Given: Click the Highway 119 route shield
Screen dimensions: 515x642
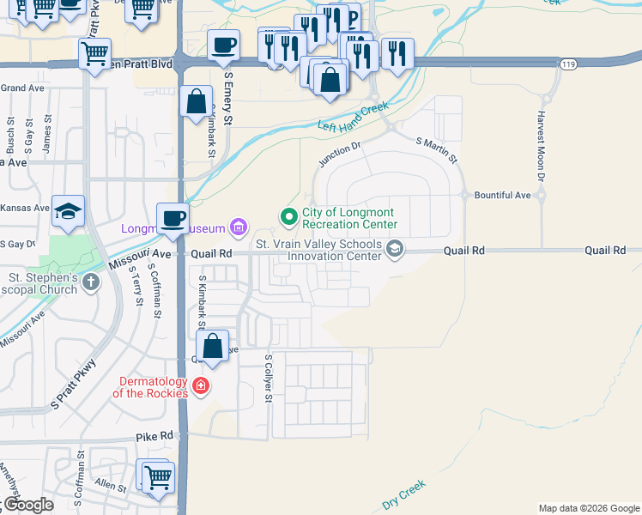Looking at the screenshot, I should [x=567, y=64].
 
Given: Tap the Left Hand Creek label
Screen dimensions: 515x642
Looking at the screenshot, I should [x=353, y=118].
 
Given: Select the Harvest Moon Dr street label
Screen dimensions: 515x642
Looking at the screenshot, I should [x=542, y=145].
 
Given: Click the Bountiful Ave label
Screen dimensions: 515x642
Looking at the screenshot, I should [x=503, y=196].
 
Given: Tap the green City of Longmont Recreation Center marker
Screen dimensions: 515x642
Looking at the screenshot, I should [x=289, y=215].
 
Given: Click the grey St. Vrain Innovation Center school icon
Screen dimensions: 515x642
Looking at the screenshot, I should [x=394, y=250].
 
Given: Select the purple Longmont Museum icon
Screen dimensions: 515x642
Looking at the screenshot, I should [x=239, y=228].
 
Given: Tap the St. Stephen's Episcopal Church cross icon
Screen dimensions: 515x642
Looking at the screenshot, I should [x=92, y=279].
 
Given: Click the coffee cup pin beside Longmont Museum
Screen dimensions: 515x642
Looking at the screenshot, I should [x=173, y=218].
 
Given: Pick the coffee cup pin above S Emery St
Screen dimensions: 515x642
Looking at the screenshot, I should [x=223, y=45].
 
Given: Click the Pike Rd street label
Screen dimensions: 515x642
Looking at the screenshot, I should [x=154, y=437].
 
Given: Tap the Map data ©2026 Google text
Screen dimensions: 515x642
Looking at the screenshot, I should [x=588, y=508].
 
